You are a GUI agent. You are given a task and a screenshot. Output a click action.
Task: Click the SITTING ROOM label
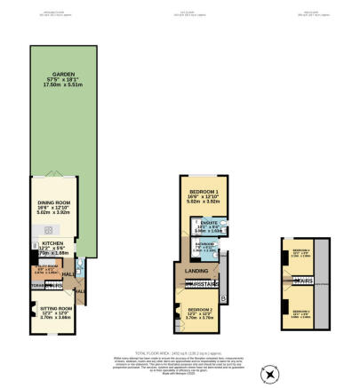point(53,306)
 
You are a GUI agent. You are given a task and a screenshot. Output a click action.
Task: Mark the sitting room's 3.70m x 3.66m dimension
point(53,317)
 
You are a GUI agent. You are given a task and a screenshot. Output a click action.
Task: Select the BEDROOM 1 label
point(204,192)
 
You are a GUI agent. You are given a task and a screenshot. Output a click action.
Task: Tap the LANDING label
point(196,271)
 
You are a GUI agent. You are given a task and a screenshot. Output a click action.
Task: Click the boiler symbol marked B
point(222,296)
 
